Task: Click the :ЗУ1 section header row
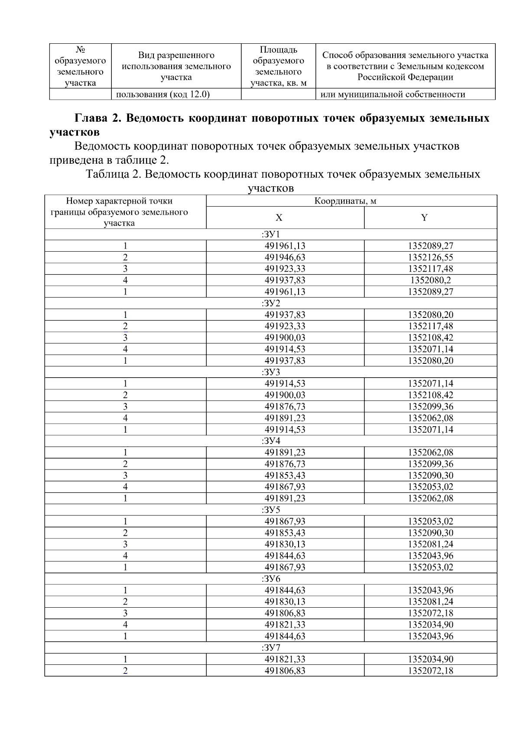tap(271, 234)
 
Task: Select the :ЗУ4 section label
tap(271, 441)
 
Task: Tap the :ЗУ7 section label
tap(271, 648)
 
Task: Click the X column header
tap(279, 217)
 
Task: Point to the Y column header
tap(424, 217)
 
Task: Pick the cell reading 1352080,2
tap(430, 280)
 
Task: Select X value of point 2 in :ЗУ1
tap(285, 257)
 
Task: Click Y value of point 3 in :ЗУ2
tap(430, 338)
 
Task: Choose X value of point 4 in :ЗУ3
tap(285, 418)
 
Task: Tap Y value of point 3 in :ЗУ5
tap(430, 544)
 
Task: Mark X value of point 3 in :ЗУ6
tap(285, 613)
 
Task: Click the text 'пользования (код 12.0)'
tap(161, 94)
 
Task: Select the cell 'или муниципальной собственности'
tap(393, 94)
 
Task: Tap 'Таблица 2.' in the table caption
tap(114, 174)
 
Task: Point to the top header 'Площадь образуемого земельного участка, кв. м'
tap(278, 66)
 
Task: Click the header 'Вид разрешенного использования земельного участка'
tap(176, 66)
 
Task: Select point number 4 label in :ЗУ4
tap(125, 487)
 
